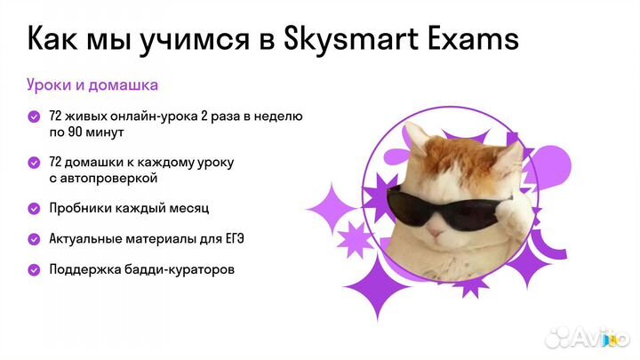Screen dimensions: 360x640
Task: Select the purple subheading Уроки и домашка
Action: click(92, 85)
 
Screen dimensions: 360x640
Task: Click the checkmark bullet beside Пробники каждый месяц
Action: click(34, 208)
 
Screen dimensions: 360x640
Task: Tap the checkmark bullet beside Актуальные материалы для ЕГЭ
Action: click(34, 239)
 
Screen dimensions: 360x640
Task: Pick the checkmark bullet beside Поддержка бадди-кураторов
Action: click(34, 269)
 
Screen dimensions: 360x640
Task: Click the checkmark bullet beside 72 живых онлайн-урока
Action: click(34, 116)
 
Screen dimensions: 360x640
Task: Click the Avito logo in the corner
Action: click(588, 337)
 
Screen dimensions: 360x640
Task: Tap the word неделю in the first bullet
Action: click(281, 116)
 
